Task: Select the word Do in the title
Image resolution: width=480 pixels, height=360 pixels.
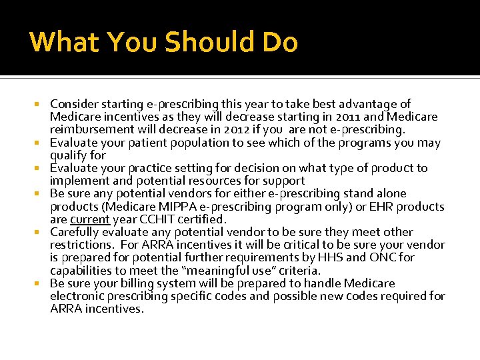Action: pos(278,42)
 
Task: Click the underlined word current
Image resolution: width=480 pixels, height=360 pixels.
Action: pos(89,219)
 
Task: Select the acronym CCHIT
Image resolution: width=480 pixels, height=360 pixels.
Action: pos(155,219)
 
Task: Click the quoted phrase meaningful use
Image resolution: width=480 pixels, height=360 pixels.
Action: pos(227,270)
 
